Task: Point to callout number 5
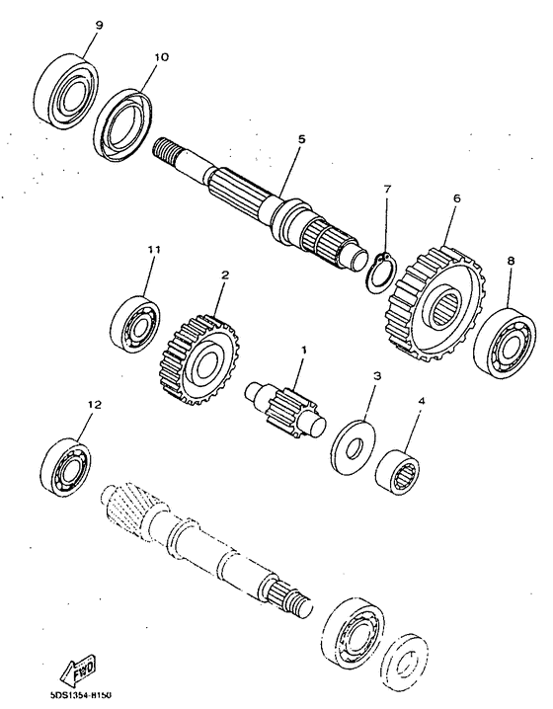pyautogui.click(x=301, y=139)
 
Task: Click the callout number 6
pyautogui.click(x=457, y=198)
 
